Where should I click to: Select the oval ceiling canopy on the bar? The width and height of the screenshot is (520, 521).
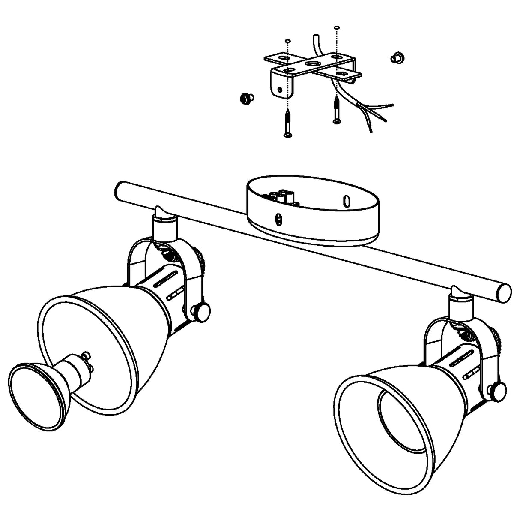pyautogui.click(x=313, y=214)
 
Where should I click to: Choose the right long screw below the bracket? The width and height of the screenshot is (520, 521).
pyautogui.click(x=337, y=110)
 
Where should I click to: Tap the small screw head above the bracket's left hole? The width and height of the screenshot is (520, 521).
pyautogui.click(x=288, y=41)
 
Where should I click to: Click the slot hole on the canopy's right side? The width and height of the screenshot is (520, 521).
pyautogui.click(x=347, y=201)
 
